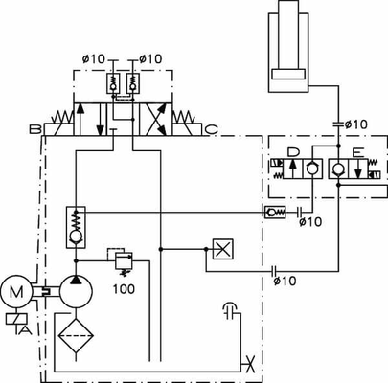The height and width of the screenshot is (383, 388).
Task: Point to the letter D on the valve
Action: [293, 152]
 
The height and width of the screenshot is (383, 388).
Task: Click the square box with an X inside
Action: [222, 249]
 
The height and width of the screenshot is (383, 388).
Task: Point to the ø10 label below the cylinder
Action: [354, 124]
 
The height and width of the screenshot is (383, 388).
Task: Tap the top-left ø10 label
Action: [94, 59]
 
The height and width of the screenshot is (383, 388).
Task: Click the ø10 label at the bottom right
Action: [285, 281]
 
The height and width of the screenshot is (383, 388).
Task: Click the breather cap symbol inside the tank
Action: [228, 308]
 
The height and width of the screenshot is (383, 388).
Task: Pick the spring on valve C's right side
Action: [189, 119]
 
